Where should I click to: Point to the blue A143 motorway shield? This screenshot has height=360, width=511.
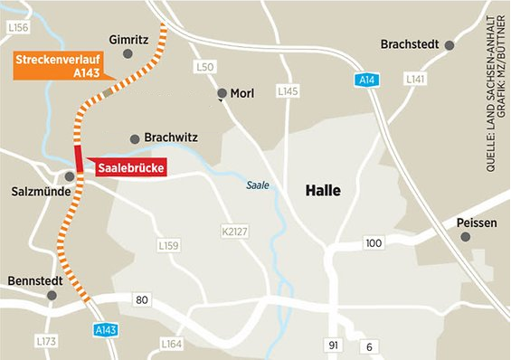coord(107,331)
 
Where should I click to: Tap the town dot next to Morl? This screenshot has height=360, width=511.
coord(222,93)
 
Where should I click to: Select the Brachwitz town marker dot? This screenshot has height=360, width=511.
coord(135,138)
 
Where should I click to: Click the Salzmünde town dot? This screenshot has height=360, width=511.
coord(70,176)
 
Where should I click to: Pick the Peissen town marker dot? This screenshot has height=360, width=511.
coord(466,237)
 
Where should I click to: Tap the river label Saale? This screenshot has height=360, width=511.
coord(259,186)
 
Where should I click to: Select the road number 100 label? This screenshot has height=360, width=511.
coord(373,242)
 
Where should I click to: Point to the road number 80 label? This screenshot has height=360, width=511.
coord(141,299)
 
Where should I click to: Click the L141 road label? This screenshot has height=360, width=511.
coord(415,81)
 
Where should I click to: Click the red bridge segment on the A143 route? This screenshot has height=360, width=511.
coord(79,157)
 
